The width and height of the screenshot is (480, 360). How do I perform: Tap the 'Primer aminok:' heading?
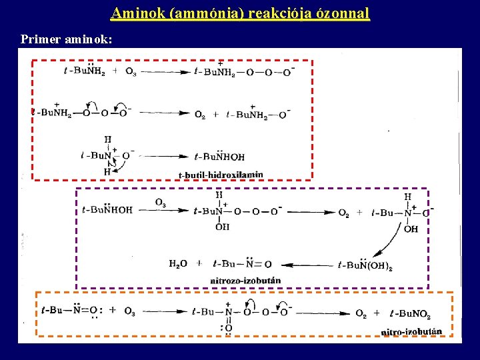point(66,40)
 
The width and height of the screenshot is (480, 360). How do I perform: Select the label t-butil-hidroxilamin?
point(221,175)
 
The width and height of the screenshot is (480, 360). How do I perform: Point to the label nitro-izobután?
point(411,331)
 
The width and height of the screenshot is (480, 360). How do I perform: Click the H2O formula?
point(179,263)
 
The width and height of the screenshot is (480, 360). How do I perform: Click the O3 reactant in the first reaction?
point(131,71)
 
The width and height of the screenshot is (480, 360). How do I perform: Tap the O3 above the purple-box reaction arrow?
point(161,203)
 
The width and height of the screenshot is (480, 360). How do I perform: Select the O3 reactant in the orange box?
point(129,311)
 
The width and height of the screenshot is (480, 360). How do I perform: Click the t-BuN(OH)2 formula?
point(364,265)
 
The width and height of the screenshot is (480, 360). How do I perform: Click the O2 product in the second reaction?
point(200,115)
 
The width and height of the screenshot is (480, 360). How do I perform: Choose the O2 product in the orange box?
point(361,313)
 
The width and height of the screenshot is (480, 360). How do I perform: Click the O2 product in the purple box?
point(343,213)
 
